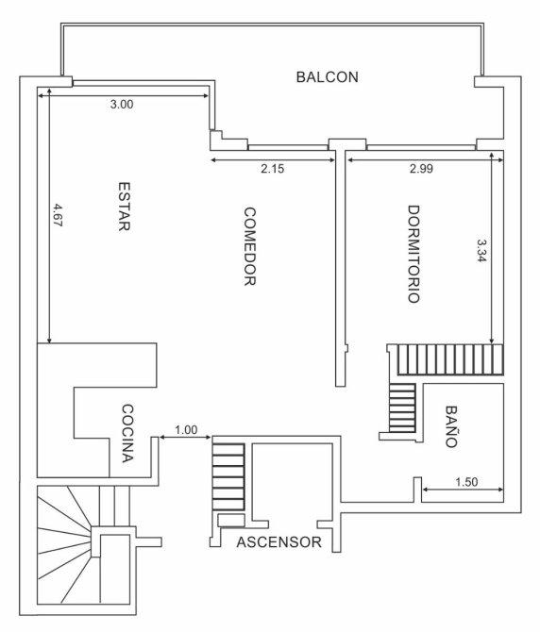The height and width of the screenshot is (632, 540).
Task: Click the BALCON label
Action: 327,77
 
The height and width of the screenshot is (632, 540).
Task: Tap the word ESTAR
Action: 125,207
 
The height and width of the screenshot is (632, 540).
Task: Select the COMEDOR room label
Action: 250,246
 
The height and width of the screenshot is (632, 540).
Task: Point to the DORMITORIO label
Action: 413,254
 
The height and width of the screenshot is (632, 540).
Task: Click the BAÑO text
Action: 451,426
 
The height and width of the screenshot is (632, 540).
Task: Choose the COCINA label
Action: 127,433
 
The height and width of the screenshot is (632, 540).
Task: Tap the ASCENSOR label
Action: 279,542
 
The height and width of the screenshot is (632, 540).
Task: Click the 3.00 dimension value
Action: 122,105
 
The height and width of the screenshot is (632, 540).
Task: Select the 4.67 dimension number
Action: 59,215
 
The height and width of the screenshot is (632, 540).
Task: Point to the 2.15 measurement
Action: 273,169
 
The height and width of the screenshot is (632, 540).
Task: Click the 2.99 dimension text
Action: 421,169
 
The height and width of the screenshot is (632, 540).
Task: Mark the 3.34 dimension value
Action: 481,251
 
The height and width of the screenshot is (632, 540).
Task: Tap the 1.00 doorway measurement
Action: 186,430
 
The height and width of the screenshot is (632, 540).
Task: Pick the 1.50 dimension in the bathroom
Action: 466,482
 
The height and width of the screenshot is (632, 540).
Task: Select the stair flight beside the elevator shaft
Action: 228,477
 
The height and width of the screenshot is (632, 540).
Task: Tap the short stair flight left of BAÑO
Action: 402,407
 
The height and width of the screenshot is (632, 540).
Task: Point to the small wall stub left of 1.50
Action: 417,490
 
